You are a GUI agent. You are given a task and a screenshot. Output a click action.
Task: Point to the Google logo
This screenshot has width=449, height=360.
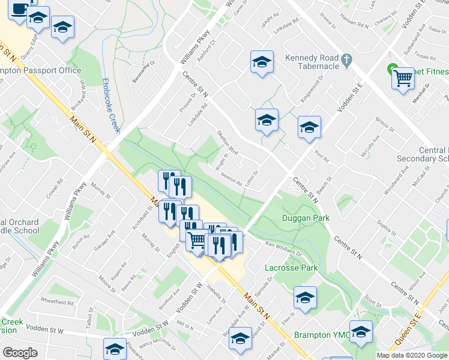[x=20, y=352]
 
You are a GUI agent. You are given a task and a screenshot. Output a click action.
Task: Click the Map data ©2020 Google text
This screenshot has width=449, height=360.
[x=412, y=355]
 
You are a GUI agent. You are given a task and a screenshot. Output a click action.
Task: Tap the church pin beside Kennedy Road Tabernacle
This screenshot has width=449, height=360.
[x=346, y=59]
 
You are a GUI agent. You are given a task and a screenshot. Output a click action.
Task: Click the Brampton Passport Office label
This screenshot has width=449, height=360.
[x=41, y=71]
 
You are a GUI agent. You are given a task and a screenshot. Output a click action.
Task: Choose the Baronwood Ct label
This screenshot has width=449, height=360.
[x=144, y=71]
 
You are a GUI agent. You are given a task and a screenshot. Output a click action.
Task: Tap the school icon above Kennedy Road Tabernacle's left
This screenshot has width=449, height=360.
[x=262, y=62]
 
